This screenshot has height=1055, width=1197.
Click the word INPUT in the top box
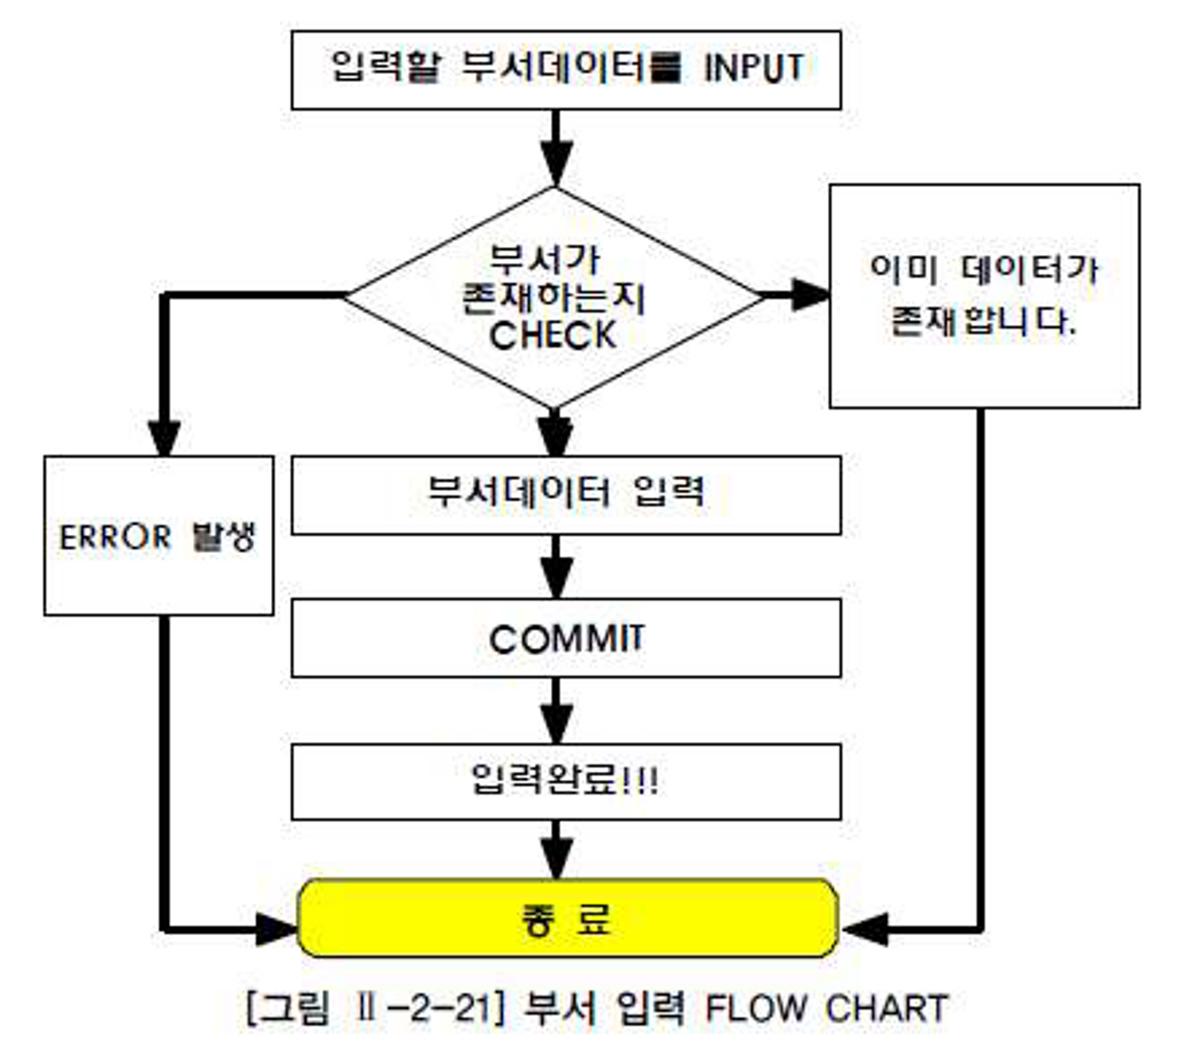[x=754, y=68]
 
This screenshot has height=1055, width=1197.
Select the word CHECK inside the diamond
[x=552, y=335]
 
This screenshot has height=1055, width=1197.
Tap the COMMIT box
[x=566, y=638]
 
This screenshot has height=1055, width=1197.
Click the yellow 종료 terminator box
[x=566, y=918]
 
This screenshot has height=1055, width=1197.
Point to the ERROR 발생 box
[x=159, y=536]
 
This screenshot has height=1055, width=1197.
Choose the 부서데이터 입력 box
[x=566, y=495]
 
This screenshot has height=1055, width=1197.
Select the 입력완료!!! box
[x=566, y=781]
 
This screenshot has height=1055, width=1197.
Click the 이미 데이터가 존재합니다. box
[x=985, y=296]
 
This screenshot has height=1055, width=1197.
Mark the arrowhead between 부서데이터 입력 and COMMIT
[x=557, y=578]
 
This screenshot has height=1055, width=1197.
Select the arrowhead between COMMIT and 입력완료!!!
[x=557, y=723]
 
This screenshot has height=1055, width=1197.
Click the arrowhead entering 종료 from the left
[x=275, y=930]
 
